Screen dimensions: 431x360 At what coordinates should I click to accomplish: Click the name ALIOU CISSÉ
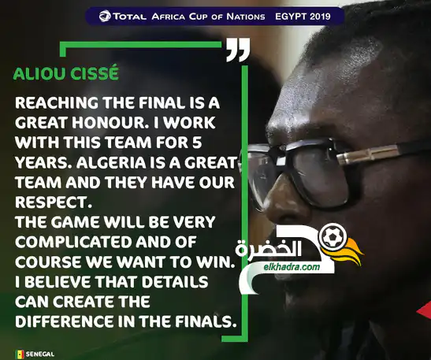[66, 73]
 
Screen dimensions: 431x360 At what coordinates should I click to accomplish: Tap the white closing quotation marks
[238, 50]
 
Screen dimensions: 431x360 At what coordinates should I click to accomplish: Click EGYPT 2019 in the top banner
[303, 17]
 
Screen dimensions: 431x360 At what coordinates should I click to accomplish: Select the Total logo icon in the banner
[105, 17]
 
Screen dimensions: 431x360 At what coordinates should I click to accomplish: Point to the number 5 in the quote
[197, 143]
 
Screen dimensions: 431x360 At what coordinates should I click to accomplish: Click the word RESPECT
[53, 202]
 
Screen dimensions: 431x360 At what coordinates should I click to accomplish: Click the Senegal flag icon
[19, 354]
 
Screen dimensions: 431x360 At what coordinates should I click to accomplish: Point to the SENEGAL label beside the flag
[40, 354]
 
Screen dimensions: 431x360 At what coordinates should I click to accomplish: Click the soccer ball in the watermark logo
[333, 236]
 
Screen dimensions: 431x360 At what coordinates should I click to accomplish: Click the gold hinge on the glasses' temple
[368, 154]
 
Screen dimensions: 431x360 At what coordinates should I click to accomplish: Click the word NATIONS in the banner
[246, 17]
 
